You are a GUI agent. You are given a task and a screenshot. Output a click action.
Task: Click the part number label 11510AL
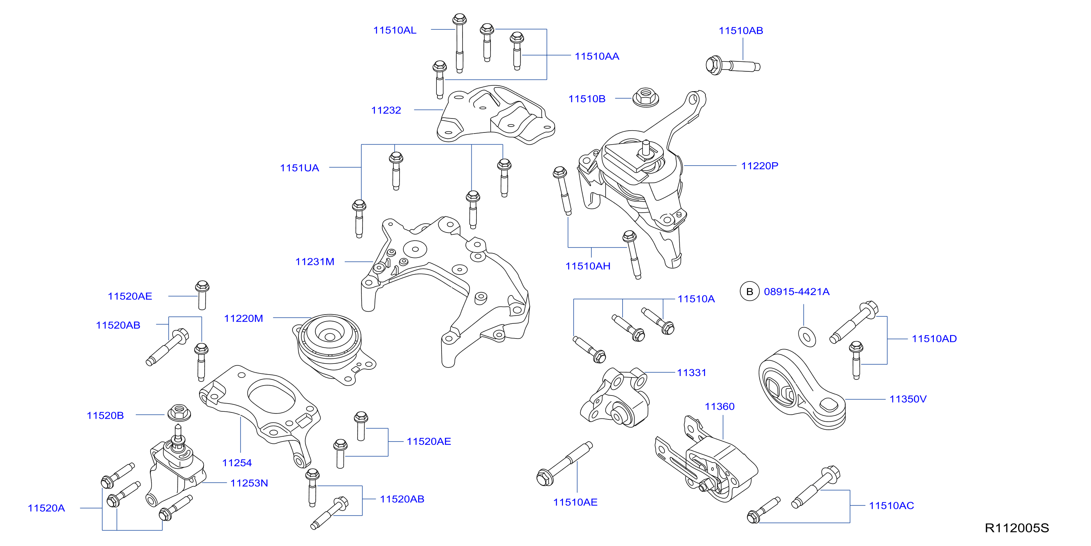(395, 30)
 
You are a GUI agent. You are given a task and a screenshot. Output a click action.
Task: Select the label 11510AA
(597, 56)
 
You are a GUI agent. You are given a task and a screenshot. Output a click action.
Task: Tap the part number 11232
(386, 110)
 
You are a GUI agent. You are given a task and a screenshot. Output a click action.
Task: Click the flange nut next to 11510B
(645, 97)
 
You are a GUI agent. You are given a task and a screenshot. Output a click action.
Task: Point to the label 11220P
(759, 166)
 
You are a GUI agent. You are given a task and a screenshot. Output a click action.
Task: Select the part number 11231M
(315, 262)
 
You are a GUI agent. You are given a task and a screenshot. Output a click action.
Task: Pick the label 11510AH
(588, 266)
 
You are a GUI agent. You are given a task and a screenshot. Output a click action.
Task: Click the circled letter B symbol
(749, 291)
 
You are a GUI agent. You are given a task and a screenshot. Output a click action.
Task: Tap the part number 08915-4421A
(797, 291)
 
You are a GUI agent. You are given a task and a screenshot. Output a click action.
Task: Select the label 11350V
(908, 399)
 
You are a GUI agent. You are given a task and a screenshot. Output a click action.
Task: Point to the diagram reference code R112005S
(1016, 528)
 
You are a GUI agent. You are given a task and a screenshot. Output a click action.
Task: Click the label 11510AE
(575, 502)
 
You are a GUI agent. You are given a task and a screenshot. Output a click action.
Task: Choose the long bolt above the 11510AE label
(564, 464)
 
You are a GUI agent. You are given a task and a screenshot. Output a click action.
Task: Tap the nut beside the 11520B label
(179, 413)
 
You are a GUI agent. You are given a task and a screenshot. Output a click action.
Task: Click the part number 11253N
(249, 483)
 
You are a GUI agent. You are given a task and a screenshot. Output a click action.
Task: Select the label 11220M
(244, 318)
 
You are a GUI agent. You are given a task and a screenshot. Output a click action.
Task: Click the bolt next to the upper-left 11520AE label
(202, 295)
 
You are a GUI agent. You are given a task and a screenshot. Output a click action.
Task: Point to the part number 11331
(692, 373)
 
